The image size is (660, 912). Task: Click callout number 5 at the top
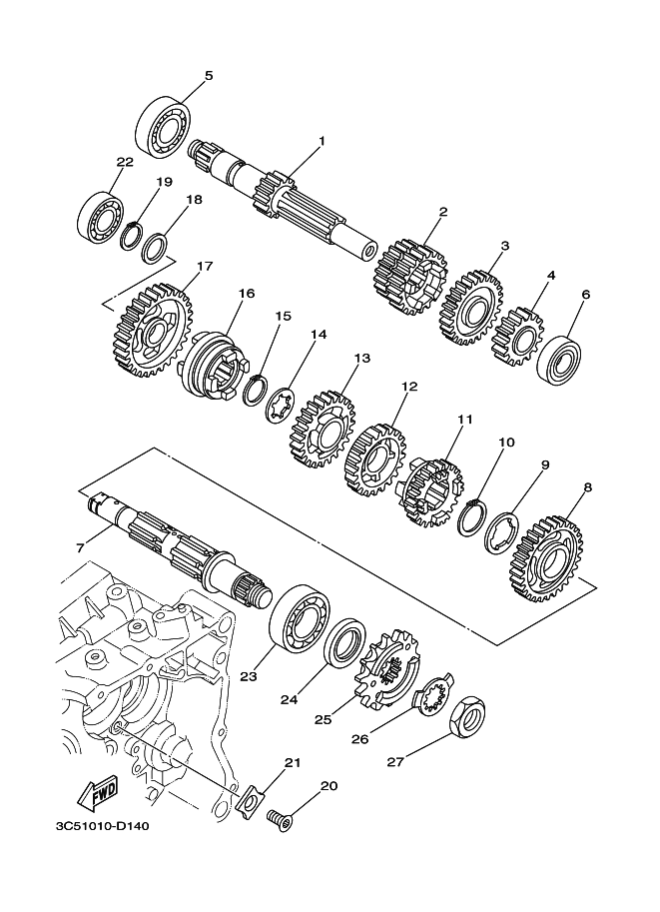(x=209, y=75)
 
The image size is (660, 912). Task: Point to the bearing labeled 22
(x=100, y=211)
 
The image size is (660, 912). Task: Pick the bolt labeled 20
(x=281, y=821)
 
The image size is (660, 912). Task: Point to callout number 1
(x=322, y=141)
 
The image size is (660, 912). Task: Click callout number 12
(x=408, y=386)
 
